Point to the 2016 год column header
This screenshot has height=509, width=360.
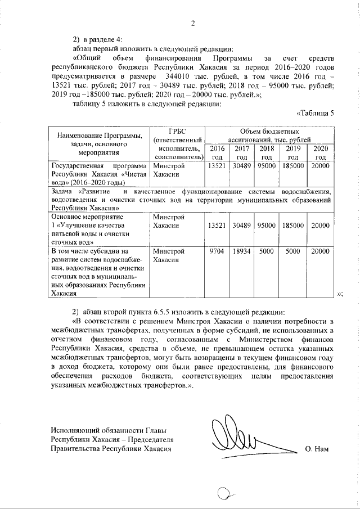click(x=217, y=152)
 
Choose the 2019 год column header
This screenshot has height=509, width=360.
click(x=293, y=152)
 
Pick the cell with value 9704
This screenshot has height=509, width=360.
click(x=217, y=251)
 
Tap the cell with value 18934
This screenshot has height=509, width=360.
click(x=242, y=251)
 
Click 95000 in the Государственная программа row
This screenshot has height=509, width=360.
click(x=267, y=166)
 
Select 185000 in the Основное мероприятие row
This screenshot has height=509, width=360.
click(x=293, y=225)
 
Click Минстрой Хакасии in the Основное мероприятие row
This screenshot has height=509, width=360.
click(x=166, y=221)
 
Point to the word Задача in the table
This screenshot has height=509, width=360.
click(x=62, y=192)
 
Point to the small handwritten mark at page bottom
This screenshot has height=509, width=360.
click(x=225, y=495)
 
